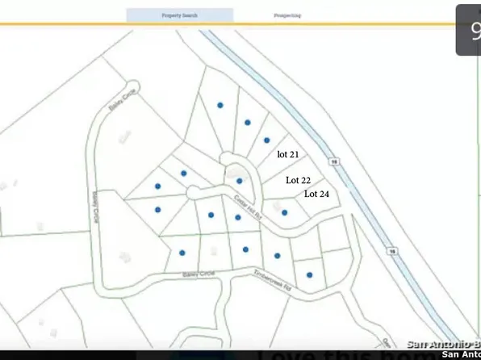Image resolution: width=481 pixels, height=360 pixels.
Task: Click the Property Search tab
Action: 179,15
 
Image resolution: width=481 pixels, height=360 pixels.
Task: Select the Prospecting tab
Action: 287,15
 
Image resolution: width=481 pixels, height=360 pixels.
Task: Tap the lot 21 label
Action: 288,153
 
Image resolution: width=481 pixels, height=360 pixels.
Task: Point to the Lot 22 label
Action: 299,181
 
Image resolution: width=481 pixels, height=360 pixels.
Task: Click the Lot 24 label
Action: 316,194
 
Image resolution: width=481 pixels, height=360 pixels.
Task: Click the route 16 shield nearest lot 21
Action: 333,161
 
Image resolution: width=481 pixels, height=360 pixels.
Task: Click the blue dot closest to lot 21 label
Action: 267,140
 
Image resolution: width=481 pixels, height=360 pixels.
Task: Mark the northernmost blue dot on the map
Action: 220,104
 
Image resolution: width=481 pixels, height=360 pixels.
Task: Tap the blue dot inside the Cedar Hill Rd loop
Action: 239,181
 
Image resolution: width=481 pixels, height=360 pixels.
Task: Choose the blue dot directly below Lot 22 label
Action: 284,212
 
